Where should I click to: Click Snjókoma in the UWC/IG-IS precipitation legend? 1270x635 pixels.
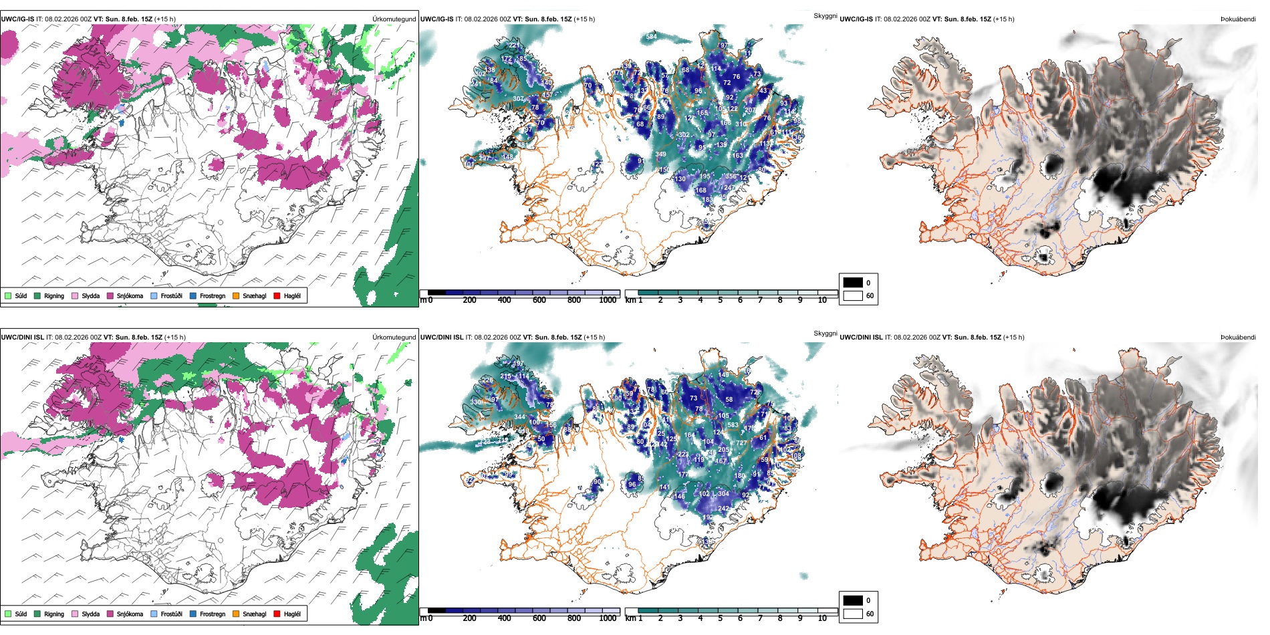(130, 295)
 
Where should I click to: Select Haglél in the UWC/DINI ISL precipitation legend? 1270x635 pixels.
(292, 614)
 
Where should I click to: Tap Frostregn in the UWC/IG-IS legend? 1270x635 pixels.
(212, 295)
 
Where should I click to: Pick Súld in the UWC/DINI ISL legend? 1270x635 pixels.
(21, 614)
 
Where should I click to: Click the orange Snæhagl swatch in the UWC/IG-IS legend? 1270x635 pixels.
(236, 295)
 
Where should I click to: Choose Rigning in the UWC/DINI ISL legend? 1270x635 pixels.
(54, 614)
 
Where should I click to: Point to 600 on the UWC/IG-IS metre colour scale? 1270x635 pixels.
(539, 300)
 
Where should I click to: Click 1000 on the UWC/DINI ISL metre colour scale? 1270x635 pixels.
(608, 618)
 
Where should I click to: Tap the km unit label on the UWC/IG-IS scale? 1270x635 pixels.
(630, 300)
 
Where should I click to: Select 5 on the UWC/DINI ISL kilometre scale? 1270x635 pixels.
(720, 618)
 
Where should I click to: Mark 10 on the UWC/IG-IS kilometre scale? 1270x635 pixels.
(822, 300)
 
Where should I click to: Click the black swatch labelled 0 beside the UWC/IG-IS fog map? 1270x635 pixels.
(853, 283)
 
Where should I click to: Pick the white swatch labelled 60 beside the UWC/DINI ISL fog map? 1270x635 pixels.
(853, 614)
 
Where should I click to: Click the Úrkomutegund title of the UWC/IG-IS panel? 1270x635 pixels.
(394, 19)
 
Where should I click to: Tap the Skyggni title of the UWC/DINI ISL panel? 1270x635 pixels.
(825, 333)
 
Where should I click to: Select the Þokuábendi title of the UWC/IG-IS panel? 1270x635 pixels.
(1238, 19)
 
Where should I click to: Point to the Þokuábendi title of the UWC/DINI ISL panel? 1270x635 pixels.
(1238, 338)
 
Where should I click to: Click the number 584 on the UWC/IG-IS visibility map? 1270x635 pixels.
(651, 37)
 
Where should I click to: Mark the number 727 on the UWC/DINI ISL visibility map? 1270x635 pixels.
(741, 443)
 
